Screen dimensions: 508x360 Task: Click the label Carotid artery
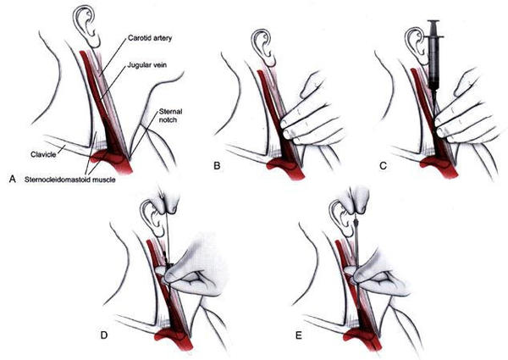[150, 38]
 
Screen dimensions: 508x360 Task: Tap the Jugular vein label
[146, 65]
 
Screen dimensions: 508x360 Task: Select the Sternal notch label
[170, 116]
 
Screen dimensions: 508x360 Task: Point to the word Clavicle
[43, 154]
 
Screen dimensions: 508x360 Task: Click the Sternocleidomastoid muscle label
[70, 180]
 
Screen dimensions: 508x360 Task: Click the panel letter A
[13, 179]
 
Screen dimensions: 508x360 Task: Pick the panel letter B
[217, 166]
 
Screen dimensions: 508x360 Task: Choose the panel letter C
[383, 166]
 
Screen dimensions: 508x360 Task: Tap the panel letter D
[103, 335]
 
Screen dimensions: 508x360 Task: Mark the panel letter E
[299, 335]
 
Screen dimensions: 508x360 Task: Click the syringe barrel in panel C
[433, 61]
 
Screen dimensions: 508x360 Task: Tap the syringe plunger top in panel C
[433, 22]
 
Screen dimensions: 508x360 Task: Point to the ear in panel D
[153, 219]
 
